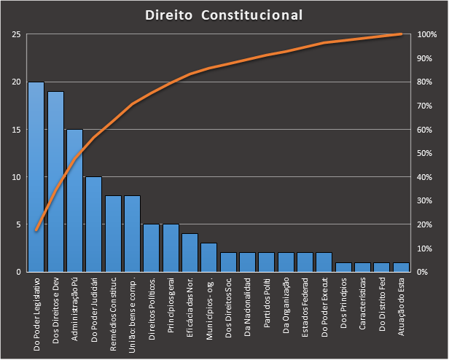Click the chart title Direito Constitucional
pyautogui.click(x=224, y=15)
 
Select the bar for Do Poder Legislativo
pyautogui.click(x=36, y=176)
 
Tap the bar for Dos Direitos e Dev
pyautogui.click(x=55, y=181)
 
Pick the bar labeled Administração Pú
pyautogui.click(x=74, y=200)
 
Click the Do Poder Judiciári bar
pyautogui.click(x=93, y=224)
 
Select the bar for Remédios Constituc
pyautogui.click(x=113, y=233)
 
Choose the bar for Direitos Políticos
pyautogui.click(x=151, y=248)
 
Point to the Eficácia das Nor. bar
pyautogui.click(x=190, y=252)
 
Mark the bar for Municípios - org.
pyautogui.click(x=208, y=257)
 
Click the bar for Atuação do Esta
pyautogui.click(x=400, y=267)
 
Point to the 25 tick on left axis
pyautogui.click(x=16, y=35)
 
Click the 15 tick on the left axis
pyautogui.click(x=16, y=130)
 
